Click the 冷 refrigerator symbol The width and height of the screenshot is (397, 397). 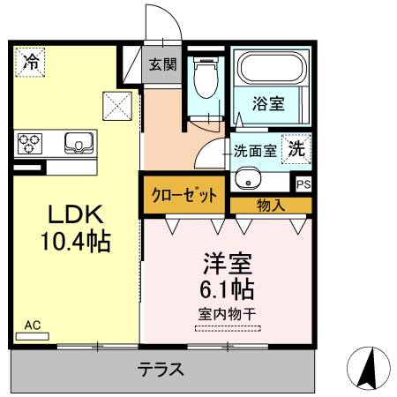click(30, 62)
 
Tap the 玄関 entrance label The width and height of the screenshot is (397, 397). click(162, 64)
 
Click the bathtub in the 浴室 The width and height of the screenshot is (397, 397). click(272, 68)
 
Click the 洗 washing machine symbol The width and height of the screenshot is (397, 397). click(298, 149)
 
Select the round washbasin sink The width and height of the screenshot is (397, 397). click(248, 183)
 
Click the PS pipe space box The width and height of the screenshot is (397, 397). click(303, 184)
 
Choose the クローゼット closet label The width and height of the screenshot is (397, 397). click(184, 196)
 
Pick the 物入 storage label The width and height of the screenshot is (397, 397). click(270, 206)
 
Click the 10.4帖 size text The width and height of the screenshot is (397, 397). click(75, 241)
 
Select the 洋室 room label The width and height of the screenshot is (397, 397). click(228, 264)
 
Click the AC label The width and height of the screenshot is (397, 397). click(33, 325)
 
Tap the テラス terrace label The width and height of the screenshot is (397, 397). click(161, 371)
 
